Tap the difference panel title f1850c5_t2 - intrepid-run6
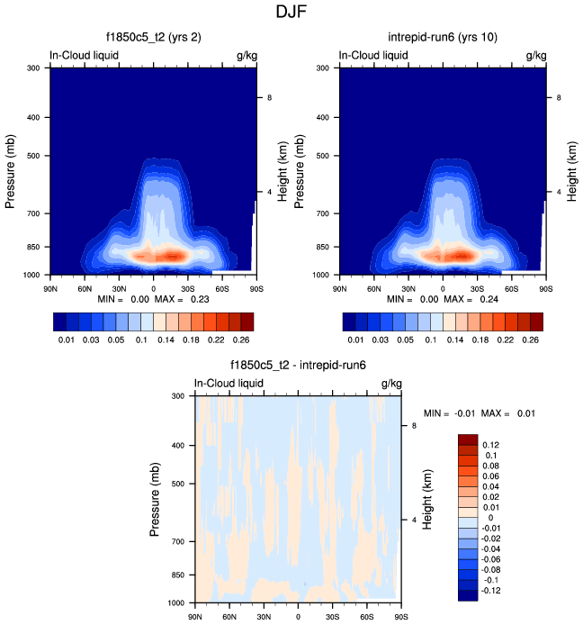298,366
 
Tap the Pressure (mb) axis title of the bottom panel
157,498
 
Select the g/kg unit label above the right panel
535,56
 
